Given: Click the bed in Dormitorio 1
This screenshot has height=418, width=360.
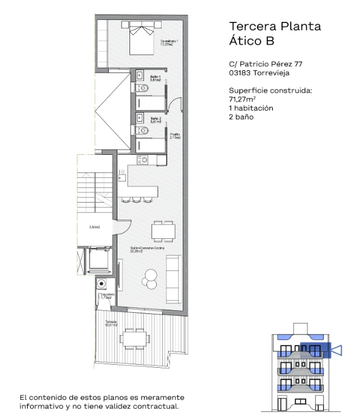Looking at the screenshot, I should [140, 31].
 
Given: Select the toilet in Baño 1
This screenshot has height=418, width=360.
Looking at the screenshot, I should [143, 90].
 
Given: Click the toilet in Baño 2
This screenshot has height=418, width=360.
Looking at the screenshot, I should [143, 130].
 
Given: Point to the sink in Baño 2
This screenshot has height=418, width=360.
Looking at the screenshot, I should [139, 117].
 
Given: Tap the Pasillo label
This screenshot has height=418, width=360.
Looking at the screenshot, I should [175, 136].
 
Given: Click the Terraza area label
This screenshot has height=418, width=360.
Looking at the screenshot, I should [110, 323].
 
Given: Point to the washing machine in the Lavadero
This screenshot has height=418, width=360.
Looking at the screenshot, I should [103, 283].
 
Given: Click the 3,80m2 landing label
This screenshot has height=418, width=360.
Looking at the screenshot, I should [94, 227].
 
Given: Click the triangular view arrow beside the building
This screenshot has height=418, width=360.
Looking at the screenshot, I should [337, 349].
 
